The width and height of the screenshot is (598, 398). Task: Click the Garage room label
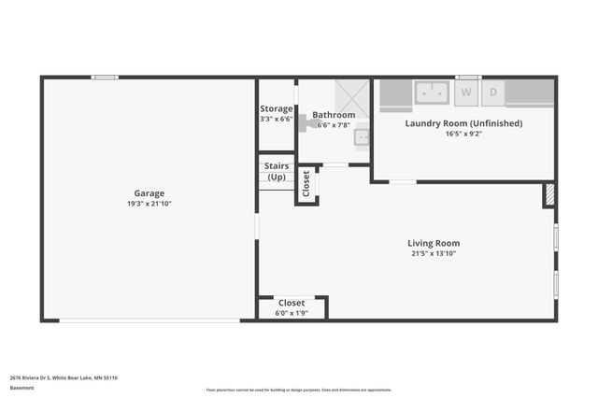(149, 193)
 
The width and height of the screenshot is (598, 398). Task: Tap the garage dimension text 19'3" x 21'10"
(149, 204)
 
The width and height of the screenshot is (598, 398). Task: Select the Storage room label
(276, 109)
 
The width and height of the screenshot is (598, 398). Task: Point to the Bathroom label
(334, 115)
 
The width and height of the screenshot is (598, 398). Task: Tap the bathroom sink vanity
(362, 137)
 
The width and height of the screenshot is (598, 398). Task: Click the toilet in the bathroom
(306, 121)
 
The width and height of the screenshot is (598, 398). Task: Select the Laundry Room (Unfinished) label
(463, 123)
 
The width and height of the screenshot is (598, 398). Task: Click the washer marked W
(466, 92)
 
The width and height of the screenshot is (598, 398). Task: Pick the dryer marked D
(492, 92)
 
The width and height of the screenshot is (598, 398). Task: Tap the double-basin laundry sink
(433, 92)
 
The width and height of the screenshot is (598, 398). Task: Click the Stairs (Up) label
(277, 171)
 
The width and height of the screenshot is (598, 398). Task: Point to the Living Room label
(434, 243)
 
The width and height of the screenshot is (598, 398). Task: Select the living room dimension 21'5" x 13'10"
(434, 253)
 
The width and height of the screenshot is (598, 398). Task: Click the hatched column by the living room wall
(549, 194)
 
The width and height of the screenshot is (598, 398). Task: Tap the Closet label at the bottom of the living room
(292, 303)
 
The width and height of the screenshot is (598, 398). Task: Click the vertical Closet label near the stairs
(306, 183)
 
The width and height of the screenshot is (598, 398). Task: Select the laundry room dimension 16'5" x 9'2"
(463, 134)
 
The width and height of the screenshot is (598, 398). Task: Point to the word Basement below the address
(21, 388)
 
